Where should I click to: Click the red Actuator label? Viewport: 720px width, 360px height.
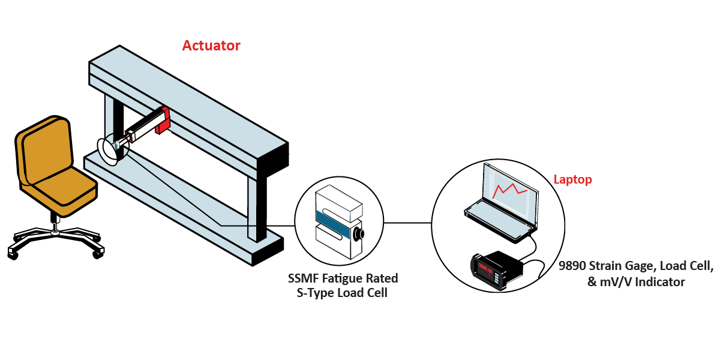click(211, 46)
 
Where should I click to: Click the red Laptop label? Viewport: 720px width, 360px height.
click(572, 179)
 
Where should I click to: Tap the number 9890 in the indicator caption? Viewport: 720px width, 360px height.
click(574, 266)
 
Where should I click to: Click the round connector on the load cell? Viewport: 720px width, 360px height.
click(359, 233)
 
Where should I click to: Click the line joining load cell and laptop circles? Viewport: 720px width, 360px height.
click(407, 223)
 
